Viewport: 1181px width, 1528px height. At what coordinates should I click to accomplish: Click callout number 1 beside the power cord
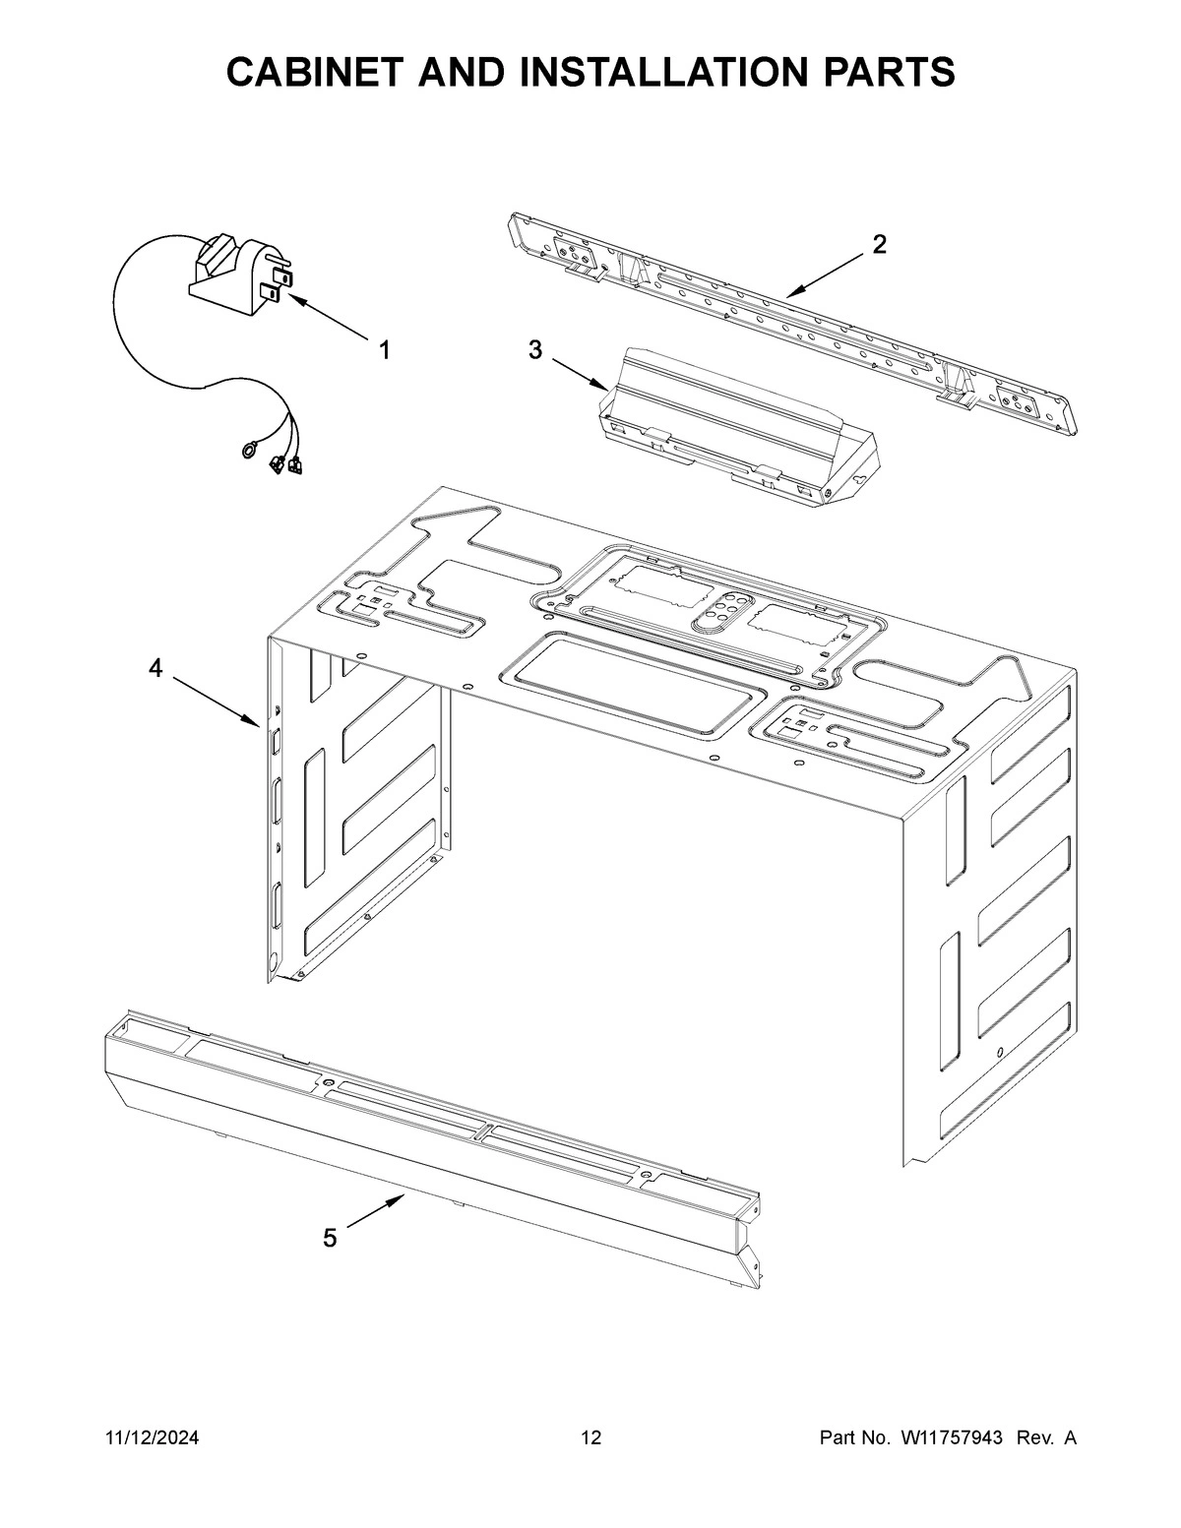tap(385, 349)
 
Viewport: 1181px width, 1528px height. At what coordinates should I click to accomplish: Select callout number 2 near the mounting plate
tap(879, 245)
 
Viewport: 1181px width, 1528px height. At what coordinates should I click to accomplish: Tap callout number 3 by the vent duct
tap(535, 349)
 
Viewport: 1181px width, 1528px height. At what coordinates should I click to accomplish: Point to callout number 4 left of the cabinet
tap(155, 669)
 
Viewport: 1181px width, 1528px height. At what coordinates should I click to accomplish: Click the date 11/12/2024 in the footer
tap(152, 1438)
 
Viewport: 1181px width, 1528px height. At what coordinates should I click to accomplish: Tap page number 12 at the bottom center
tap(590, 1438)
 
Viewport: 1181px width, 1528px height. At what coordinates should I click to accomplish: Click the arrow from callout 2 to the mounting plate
tap(828, 275)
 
